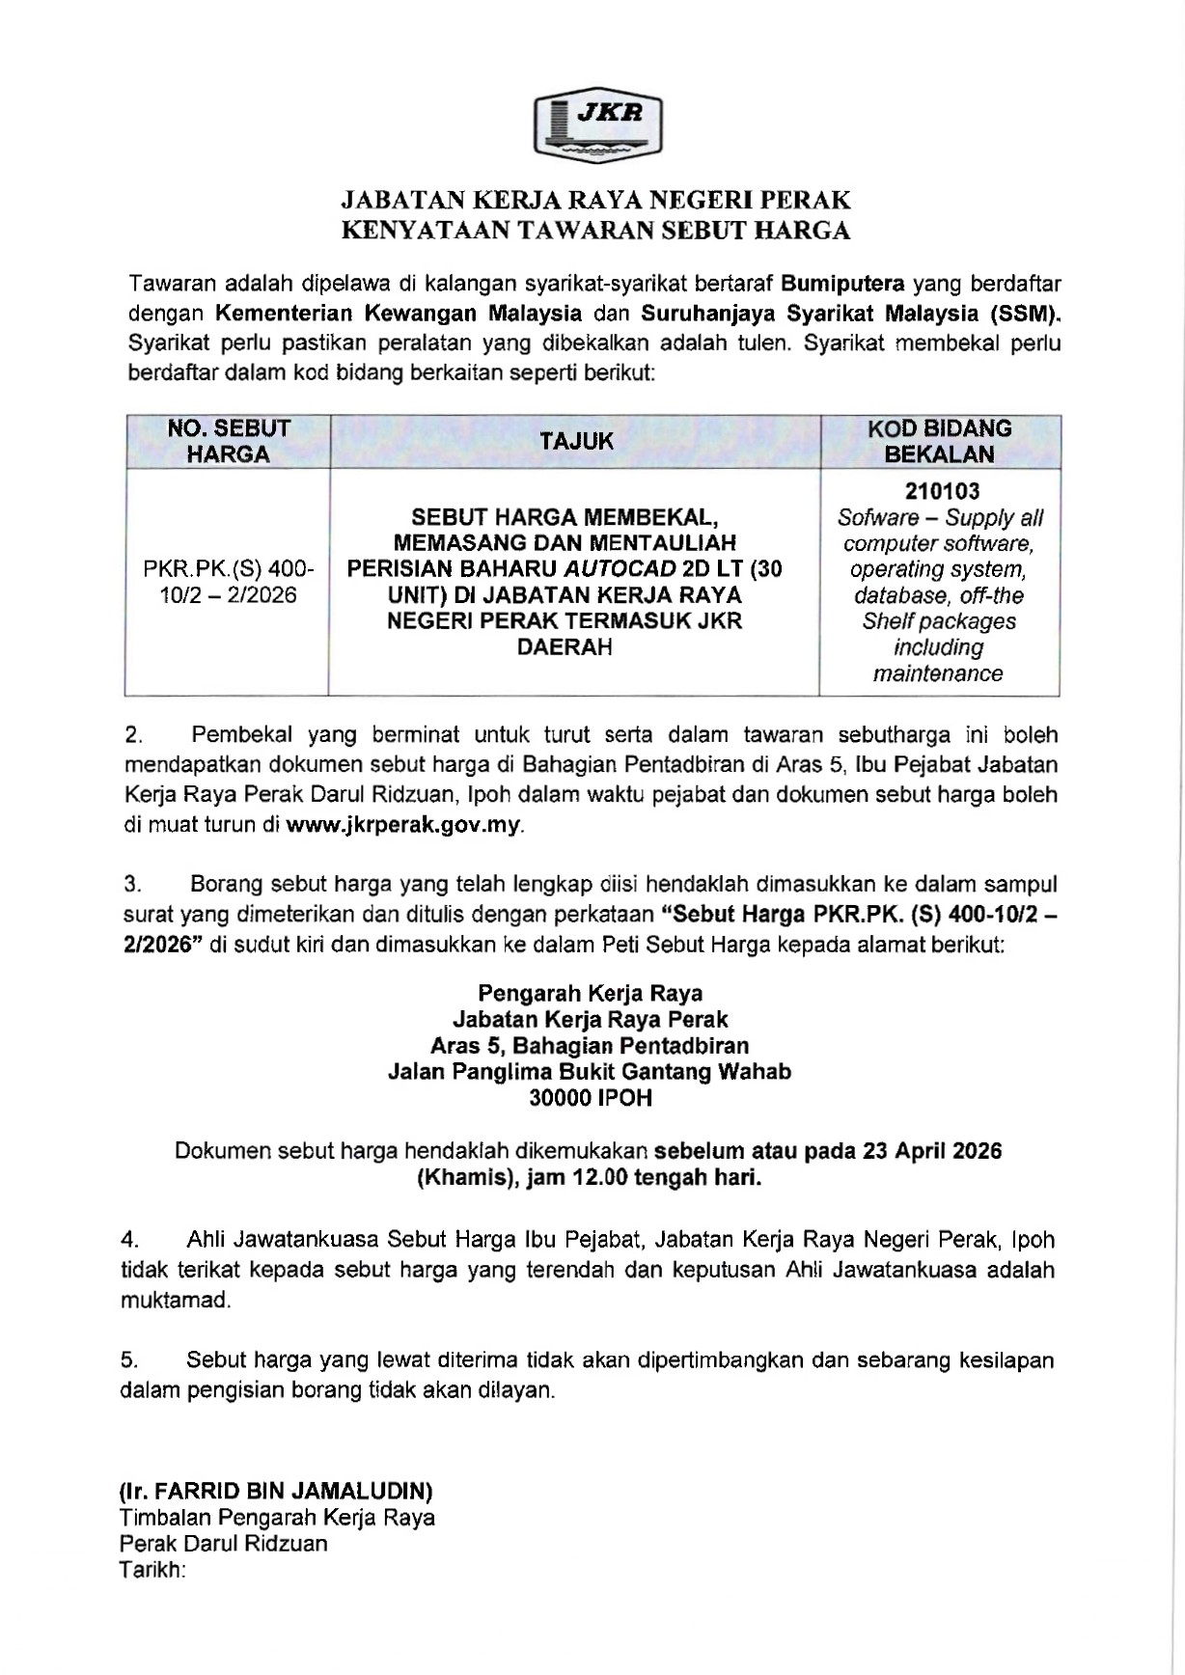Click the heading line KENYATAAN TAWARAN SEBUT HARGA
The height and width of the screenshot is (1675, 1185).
click(597, 231)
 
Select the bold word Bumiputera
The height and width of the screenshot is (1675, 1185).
click(842, 284)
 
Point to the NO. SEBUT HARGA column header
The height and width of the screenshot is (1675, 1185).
click(229, 442)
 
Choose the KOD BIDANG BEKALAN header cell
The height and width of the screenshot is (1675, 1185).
click(940, 442)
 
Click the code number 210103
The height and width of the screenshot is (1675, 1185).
click(940, 492)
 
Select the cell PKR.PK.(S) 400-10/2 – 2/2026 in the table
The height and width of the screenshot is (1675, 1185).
click(229, 582)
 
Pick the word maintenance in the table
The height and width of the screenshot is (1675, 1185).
click(938, 673)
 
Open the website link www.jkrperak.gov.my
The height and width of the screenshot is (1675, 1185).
click(403, 825)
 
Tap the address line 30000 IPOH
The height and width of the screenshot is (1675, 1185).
click(591, 1098)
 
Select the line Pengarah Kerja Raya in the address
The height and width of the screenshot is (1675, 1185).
click(591, 994)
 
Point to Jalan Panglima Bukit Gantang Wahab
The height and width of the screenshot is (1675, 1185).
click(590, 1072)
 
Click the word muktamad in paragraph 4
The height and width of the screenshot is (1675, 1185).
click(176, 1300)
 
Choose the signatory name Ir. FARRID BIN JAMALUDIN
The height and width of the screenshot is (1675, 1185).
click(276, 1492)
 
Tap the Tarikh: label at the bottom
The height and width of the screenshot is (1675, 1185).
click(152, 1570)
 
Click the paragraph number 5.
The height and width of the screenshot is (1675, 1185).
click(129, 1360)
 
